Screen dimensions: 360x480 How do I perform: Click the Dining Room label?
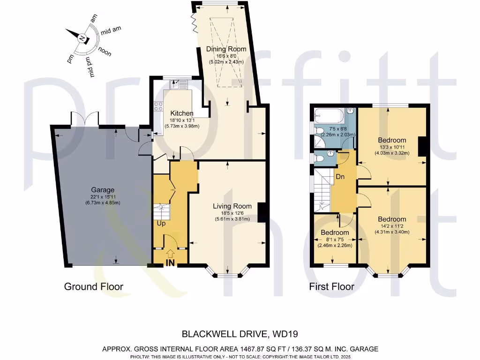pos(226,49)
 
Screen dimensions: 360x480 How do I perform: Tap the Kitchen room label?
pos(181,113)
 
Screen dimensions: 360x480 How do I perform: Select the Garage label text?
pos(103,190)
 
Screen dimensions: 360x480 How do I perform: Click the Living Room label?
pos(232,206)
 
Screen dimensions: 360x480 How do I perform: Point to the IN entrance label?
pos(170,263)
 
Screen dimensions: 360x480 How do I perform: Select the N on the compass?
pos(82,38)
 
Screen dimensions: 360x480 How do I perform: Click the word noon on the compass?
pos(105,52)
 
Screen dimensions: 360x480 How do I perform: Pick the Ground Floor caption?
pos(93,287)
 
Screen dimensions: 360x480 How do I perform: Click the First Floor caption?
pos(331,287)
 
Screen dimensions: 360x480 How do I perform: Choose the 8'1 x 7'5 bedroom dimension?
pos(335,239)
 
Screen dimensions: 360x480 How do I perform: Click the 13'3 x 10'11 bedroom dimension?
pos(393,146)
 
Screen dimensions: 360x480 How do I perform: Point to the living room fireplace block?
pos(262,211)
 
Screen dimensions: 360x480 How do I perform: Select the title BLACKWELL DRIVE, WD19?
pos(240,334)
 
